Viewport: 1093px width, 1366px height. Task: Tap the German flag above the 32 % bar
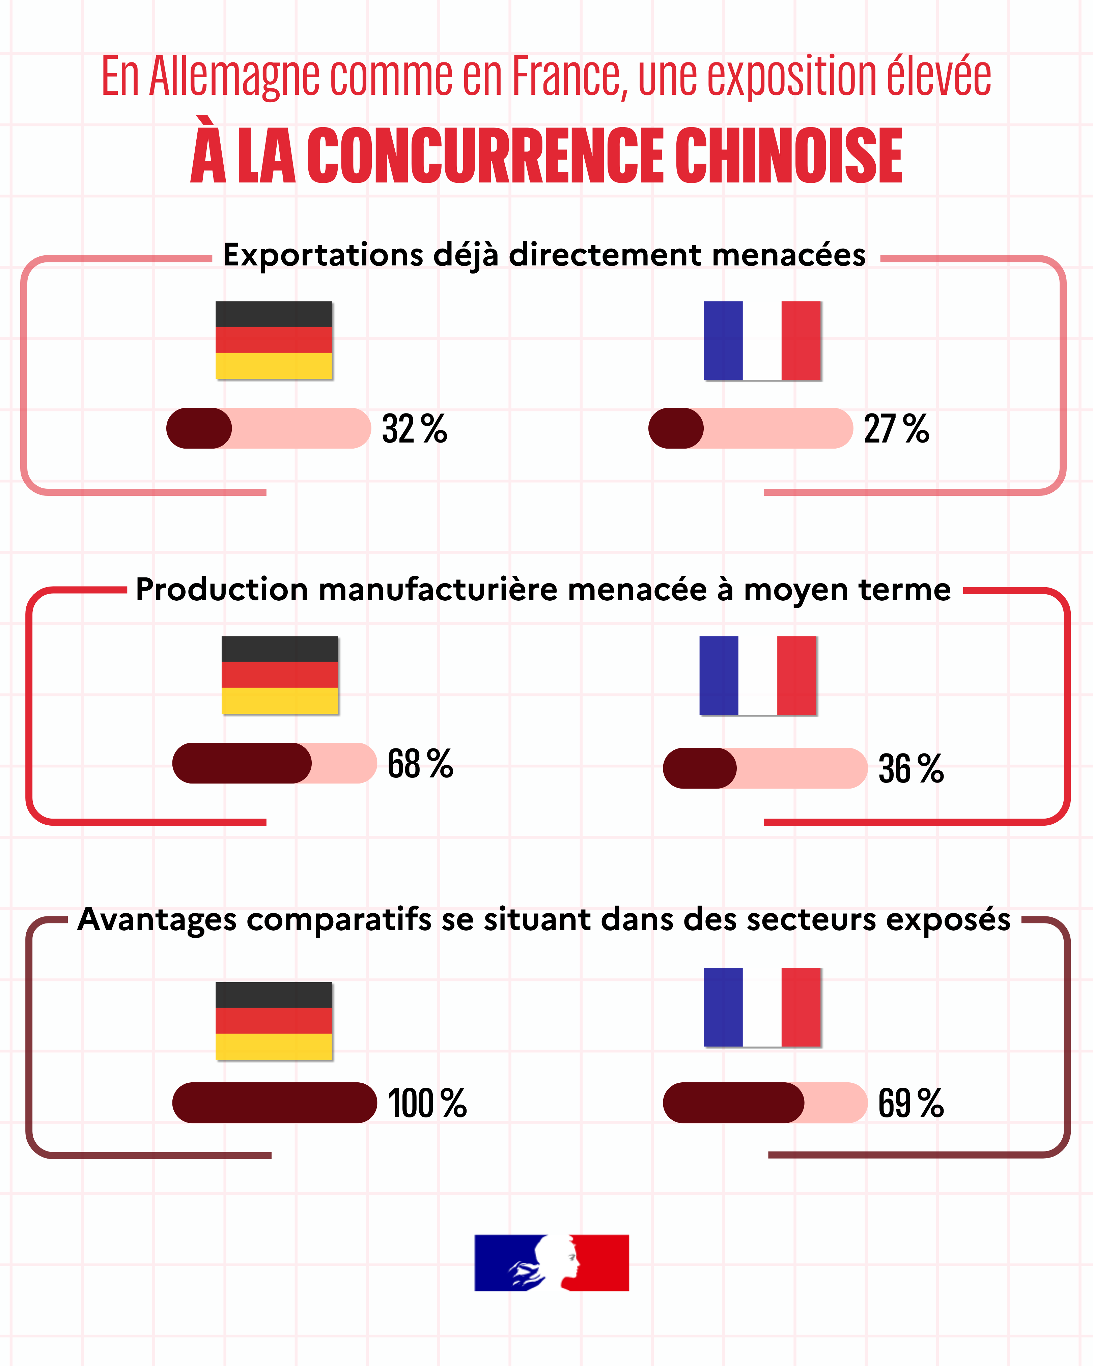click(x=274, y=340)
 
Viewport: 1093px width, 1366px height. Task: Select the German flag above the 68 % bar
click(x=279, y=675)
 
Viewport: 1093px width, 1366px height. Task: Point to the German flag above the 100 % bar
click(x=274, y=1021)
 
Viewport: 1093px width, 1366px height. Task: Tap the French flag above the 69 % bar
click(x=762, y=1007)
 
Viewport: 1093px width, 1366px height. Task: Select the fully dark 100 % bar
click(x=275, y=1103)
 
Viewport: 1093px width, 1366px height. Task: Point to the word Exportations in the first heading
click(x=323, y=255)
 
